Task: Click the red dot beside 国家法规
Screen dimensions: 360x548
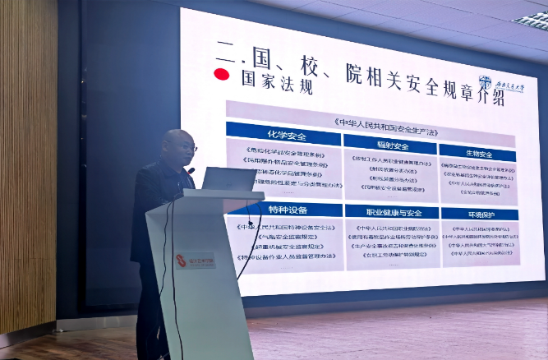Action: (x=221, y=74)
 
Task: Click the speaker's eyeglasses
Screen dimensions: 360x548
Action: (x=187, y=148)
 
